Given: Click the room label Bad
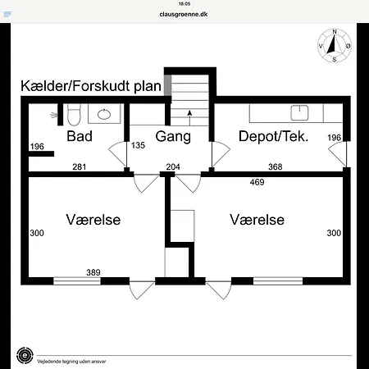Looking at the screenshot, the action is [80, 136].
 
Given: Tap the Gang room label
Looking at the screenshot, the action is [173, 136].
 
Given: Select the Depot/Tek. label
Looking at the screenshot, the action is [273, 136].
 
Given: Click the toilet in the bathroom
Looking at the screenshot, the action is [74, 114].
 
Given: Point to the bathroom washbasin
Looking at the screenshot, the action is [104, 114].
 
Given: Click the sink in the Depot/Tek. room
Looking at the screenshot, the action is [299, 112].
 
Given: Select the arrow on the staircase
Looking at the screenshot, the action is [189, 118].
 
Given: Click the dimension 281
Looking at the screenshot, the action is [80, 166].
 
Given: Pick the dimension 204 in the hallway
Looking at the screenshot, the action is [173, 166].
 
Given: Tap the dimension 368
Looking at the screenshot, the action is [276, 166].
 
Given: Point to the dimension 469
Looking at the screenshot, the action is [257, 182].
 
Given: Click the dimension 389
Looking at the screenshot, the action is [93, 272].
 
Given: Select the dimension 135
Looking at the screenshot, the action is [138, 145].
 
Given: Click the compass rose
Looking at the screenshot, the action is [335, 46].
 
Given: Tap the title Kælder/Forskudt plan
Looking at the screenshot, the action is [91, 86].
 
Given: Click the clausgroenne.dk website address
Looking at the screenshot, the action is [184, 14].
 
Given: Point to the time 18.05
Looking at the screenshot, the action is [184, 4].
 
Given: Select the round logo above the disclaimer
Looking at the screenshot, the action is [25, 355].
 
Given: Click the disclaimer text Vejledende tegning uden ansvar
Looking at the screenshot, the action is [71, 362].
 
